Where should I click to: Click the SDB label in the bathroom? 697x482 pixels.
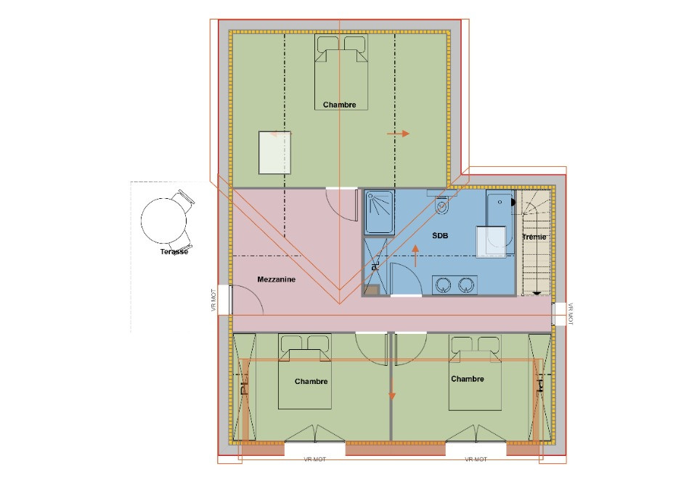(x=440, y=236)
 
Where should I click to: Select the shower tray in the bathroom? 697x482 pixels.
(x=379, y=212)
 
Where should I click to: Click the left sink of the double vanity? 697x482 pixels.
(x=443, y=284)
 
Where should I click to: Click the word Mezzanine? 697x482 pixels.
(x=276, y=279)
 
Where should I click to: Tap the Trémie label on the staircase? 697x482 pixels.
(x=534, y=237)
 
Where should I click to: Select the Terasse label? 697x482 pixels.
(x=174, y=252)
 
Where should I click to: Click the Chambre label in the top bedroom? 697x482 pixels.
(x=340, y=105)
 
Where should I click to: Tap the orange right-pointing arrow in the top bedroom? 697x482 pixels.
(x=399, y=134)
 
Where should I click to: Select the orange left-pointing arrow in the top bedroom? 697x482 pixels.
(x=277, y=134)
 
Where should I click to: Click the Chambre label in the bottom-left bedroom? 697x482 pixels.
(x=311, y=381)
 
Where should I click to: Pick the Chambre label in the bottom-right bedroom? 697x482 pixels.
(x=467, y=379)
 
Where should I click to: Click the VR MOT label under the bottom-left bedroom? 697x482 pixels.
(x=314, y=459)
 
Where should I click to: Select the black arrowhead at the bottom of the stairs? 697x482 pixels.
(x=537, y=293)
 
